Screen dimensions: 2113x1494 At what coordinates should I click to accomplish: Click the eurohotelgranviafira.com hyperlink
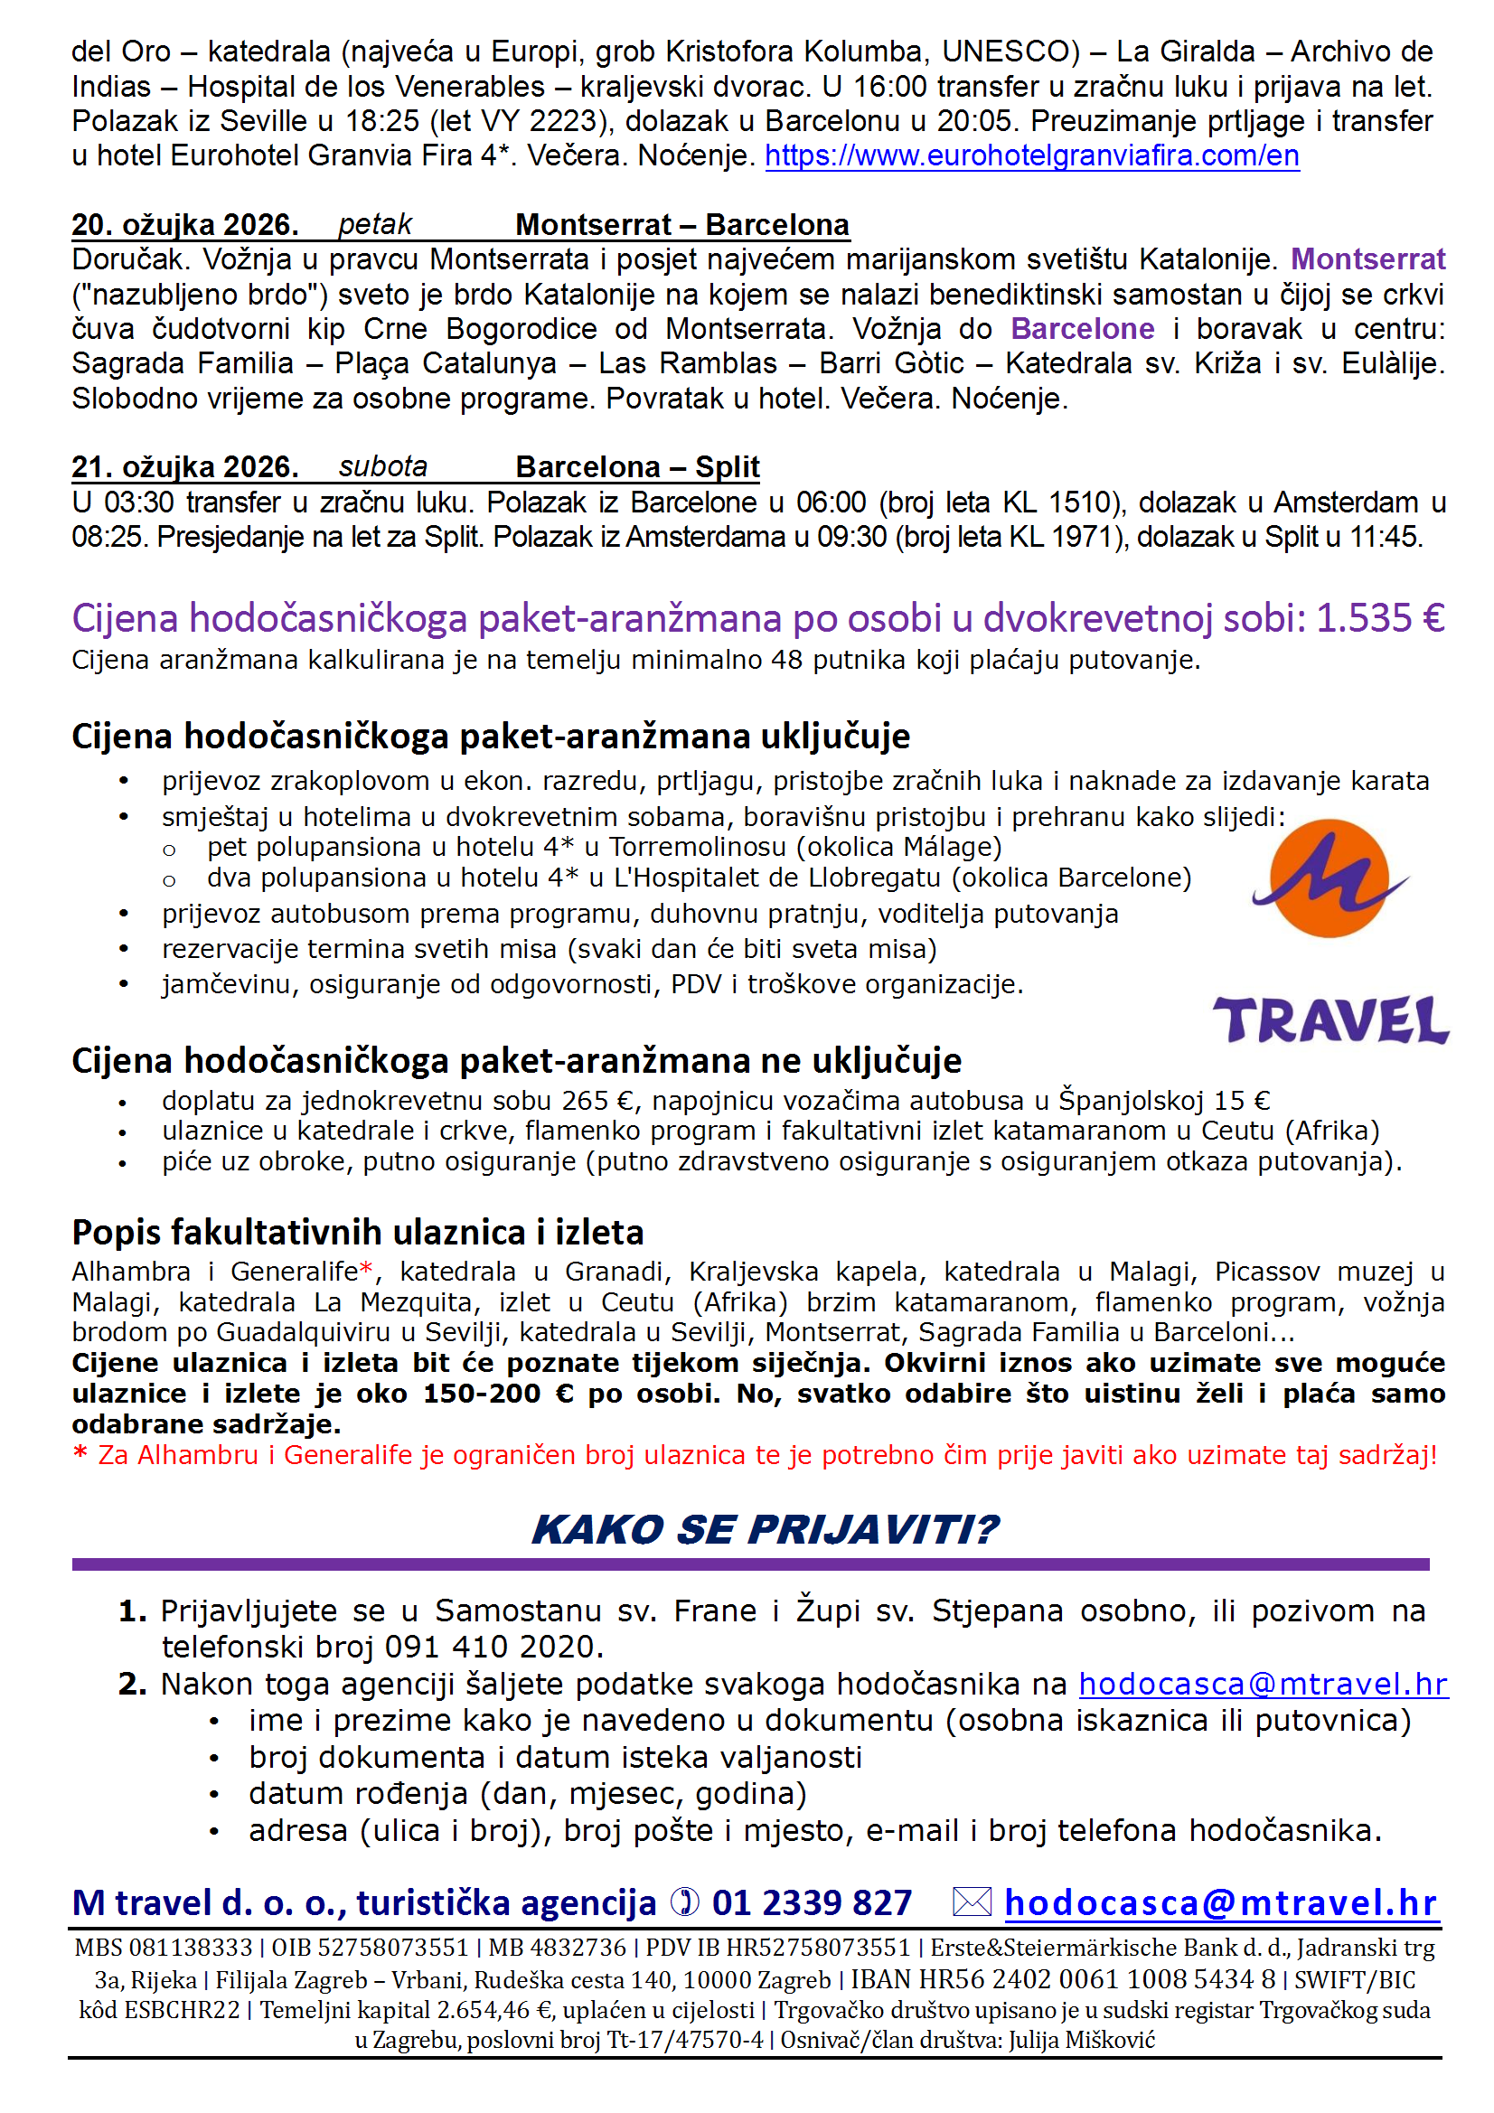point(1031,155)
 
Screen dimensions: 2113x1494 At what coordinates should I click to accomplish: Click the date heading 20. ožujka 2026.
point(185,224)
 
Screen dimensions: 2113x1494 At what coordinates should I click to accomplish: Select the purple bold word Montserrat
point(1367,259)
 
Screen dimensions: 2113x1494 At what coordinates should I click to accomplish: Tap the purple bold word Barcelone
point(1082,329)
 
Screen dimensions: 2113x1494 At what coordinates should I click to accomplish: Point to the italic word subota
point(383,466)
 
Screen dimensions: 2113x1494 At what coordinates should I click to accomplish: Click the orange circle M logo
point(1329,878)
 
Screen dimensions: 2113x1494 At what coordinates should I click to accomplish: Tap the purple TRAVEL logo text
point(1330,1019)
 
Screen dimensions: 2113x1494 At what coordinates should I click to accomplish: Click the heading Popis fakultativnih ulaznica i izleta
point(357,1232)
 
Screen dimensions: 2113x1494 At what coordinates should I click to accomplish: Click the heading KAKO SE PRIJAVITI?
point(764,1529)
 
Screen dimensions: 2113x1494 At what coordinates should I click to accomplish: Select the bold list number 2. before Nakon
point(132,1684)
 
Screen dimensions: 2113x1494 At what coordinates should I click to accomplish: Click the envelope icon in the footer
point(972,1902)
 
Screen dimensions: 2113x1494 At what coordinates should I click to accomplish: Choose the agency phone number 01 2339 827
point(811,1903)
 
